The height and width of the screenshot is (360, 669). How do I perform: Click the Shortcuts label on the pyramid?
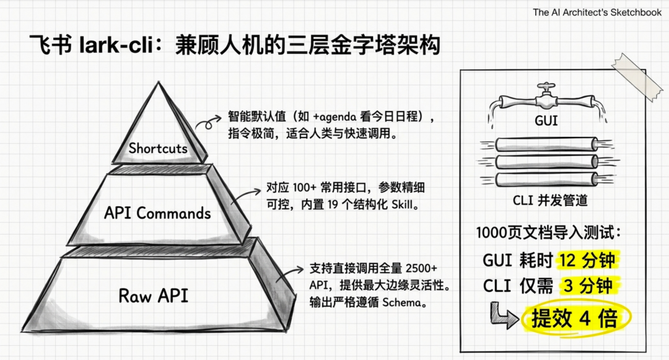(x=158, y=148)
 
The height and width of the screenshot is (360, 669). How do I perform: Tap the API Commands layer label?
(x=157, y=213)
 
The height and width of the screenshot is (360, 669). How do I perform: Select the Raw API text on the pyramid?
(x=153, y=295)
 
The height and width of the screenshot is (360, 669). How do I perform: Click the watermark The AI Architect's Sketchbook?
(x=597, y=12)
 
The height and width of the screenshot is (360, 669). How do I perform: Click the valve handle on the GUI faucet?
(x=545, y=87)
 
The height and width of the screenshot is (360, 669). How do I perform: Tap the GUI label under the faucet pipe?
(x=545, y=120)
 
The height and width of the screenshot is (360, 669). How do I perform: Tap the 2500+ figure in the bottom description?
(x=421, y=268)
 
